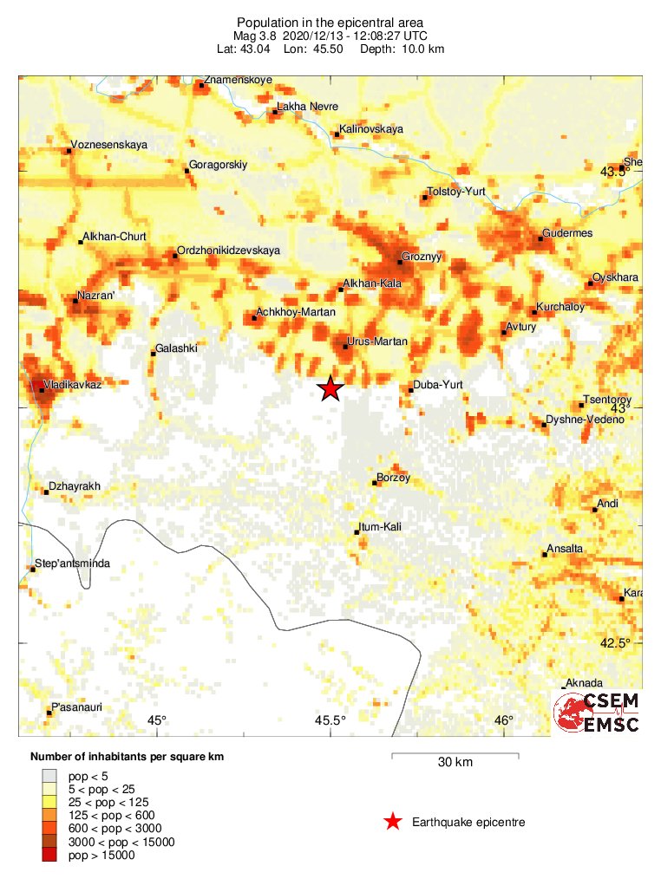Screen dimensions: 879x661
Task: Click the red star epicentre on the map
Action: [330, 389]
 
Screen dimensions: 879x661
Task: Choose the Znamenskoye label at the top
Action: [239, 80]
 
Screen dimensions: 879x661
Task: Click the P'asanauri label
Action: [76, 707]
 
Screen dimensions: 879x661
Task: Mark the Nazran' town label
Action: [96, 296]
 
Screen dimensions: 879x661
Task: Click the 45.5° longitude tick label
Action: [330, 720]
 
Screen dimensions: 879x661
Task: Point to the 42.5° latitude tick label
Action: [616, 642]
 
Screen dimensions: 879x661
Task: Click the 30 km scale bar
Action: [455, 757]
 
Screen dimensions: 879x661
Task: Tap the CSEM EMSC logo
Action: [598, 712]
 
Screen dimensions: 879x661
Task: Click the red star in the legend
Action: [393, 822]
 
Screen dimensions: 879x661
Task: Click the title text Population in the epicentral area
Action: [330, 22]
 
